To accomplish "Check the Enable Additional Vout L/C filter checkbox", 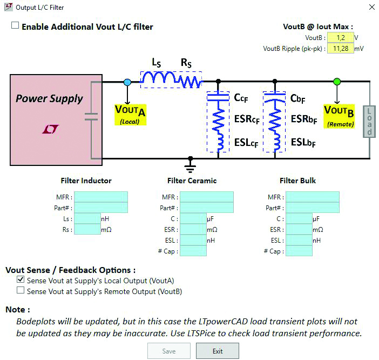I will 15,26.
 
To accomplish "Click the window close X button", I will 372,7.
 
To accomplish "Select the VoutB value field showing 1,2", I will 340,38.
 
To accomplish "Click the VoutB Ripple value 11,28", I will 340,49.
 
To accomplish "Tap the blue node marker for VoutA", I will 127,82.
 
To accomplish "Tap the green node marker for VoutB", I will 337,82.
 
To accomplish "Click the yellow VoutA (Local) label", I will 131,114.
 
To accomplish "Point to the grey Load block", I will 370,121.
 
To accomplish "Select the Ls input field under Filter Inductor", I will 87,219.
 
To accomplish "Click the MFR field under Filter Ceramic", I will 206,197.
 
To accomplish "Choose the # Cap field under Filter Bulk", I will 299,251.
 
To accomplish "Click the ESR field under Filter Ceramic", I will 193,230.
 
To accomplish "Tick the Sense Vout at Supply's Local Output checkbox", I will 21,280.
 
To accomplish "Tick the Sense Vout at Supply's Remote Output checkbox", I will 21,291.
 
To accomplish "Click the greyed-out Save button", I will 168,351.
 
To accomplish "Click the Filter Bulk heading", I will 298,181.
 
